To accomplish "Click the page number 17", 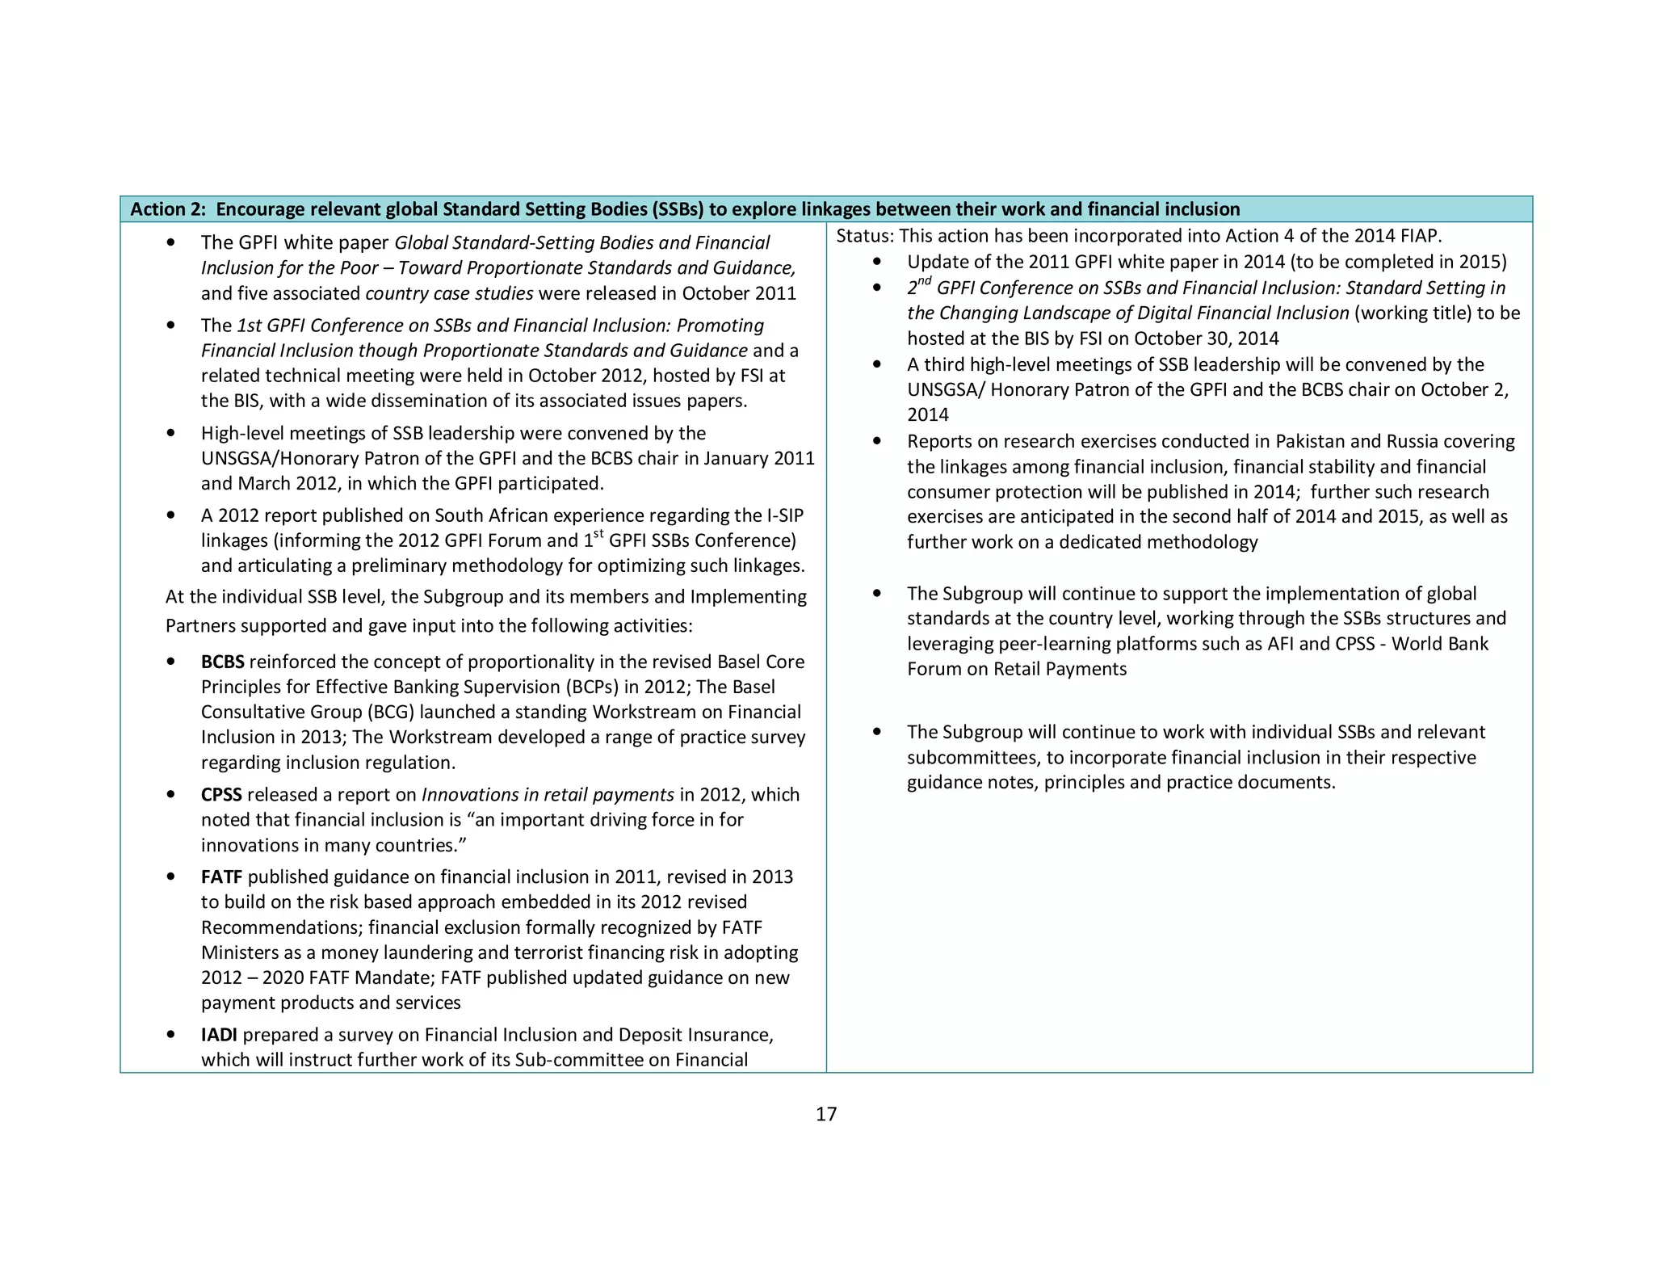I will (826, 1114).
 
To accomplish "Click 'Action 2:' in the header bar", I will (169, 209).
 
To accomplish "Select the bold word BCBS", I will (222, 662).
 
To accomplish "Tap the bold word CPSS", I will (221, 794).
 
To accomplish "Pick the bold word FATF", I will (221, 877).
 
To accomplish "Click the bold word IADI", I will (219, 1035).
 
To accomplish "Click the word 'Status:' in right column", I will (865, 236).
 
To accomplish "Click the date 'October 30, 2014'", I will (1207, 338).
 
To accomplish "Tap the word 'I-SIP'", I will (784, 515).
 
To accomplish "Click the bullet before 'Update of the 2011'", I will (877, 262).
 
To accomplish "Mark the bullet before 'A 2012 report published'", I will (170, 515).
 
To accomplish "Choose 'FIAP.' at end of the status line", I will (1421, 236).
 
